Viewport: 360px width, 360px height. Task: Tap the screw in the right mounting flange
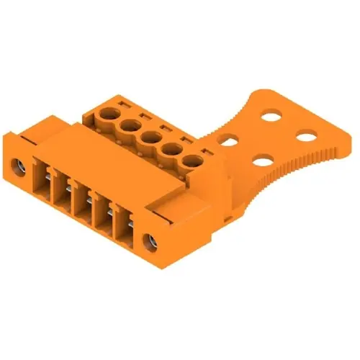tap(151, 240)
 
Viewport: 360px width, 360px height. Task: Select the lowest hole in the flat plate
tap(265, 160)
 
